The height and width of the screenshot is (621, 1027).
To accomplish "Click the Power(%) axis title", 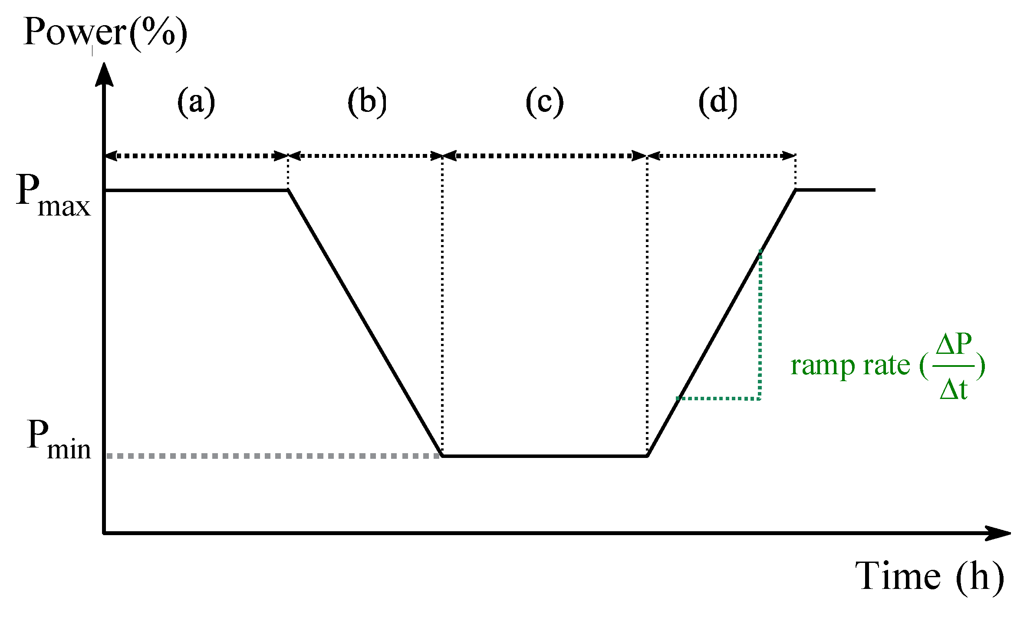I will pos(105,33).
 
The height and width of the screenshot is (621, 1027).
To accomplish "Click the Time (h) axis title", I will pos(929,577).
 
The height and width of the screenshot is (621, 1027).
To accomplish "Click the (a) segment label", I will pos(196,102).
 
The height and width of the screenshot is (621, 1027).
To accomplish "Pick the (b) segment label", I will pos(367,102).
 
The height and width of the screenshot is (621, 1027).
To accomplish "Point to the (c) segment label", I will pos(545,102).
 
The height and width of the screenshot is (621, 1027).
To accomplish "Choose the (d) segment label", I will pos(718,102).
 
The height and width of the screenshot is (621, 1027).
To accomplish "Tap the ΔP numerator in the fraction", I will pos(954,345).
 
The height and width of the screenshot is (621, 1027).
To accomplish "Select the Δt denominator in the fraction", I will pos(954,389).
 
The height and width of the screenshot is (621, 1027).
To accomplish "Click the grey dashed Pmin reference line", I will pos(273,456).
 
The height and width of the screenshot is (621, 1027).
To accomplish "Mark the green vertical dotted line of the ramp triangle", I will pos(760,325).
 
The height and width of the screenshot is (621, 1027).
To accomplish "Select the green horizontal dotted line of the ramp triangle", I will pos(718,398).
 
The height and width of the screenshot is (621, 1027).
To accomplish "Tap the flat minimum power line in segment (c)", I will pos(545,456).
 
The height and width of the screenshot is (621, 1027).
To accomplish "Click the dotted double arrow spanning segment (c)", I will pos(545,156).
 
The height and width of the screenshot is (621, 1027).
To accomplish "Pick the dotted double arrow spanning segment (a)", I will pos(196,156).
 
